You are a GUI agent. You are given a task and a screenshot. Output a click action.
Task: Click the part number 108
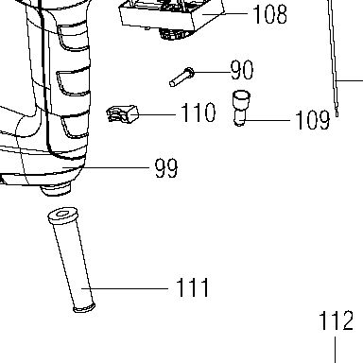(270, 14)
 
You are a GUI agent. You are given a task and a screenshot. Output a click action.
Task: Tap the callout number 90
(242, 70)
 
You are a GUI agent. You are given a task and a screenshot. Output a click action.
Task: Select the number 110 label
(199, 112)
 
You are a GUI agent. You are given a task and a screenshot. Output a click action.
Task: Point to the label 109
(313, 120)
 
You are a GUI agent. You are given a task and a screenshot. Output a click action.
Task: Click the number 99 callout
(166, 168)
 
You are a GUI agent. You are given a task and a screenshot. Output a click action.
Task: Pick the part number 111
(192, 287)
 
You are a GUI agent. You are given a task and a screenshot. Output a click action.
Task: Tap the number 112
(336, 320)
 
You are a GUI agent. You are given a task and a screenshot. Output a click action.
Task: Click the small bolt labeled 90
(181, 78)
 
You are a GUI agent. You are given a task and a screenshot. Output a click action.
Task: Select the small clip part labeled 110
(123, 113)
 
